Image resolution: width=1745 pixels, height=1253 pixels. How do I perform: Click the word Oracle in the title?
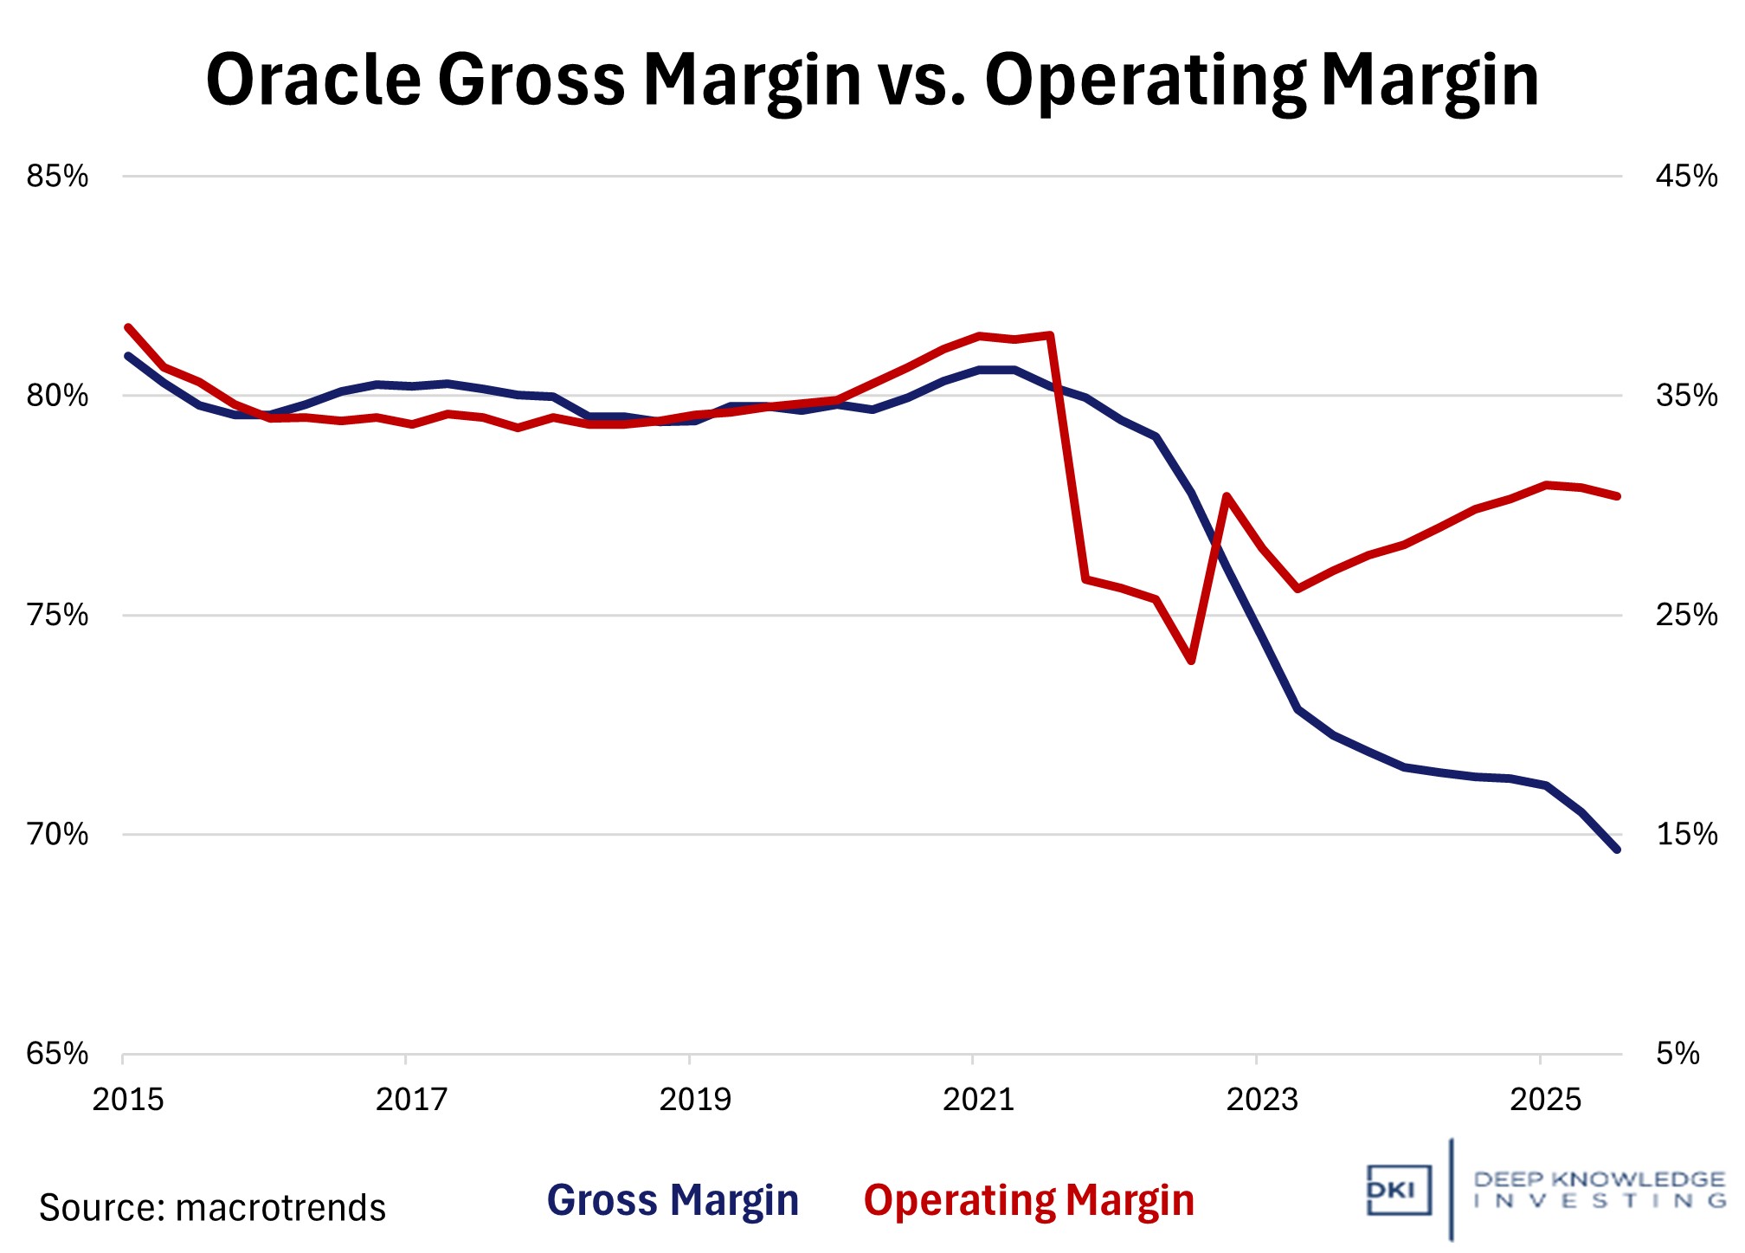pos(312,80)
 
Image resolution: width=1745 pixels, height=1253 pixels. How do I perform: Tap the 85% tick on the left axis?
pos(57,177)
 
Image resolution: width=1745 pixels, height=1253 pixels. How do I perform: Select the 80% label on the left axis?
pos(57,396)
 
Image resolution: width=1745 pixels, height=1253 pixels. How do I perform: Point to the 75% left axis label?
pos(57,616)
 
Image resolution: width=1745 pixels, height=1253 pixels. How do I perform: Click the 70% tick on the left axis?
pos(57,835)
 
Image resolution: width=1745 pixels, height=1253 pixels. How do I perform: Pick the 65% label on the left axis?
pos(57,1054)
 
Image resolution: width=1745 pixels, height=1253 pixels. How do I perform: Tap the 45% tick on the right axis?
pos(1686,177)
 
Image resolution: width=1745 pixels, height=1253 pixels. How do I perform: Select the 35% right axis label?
pos(1686,396)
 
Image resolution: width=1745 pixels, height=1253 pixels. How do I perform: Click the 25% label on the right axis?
pos(1686,616)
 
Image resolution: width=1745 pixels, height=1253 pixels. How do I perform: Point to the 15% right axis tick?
pos(1686,835)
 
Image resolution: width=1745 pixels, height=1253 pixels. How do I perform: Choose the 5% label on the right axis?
pos(1677,1054)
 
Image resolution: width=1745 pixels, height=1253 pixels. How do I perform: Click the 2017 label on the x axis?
pos(411,1100)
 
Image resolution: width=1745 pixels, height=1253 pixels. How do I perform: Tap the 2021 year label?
pos(978,1100)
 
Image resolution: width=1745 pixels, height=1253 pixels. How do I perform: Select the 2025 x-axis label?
pos(1545,1100)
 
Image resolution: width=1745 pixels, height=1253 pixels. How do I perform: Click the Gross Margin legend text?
pos(673,1200)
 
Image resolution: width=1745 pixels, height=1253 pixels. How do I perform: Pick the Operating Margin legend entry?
pos(1028,1200)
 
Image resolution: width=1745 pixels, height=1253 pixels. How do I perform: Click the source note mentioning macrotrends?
pos(212,1208)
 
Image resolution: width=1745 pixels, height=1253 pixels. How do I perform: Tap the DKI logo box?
pos(1398,1190)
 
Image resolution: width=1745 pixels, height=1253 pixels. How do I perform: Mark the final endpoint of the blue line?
pos(1616,849)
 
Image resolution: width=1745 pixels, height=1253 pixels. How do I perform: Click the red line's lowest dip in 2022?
pos(1192,661)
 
